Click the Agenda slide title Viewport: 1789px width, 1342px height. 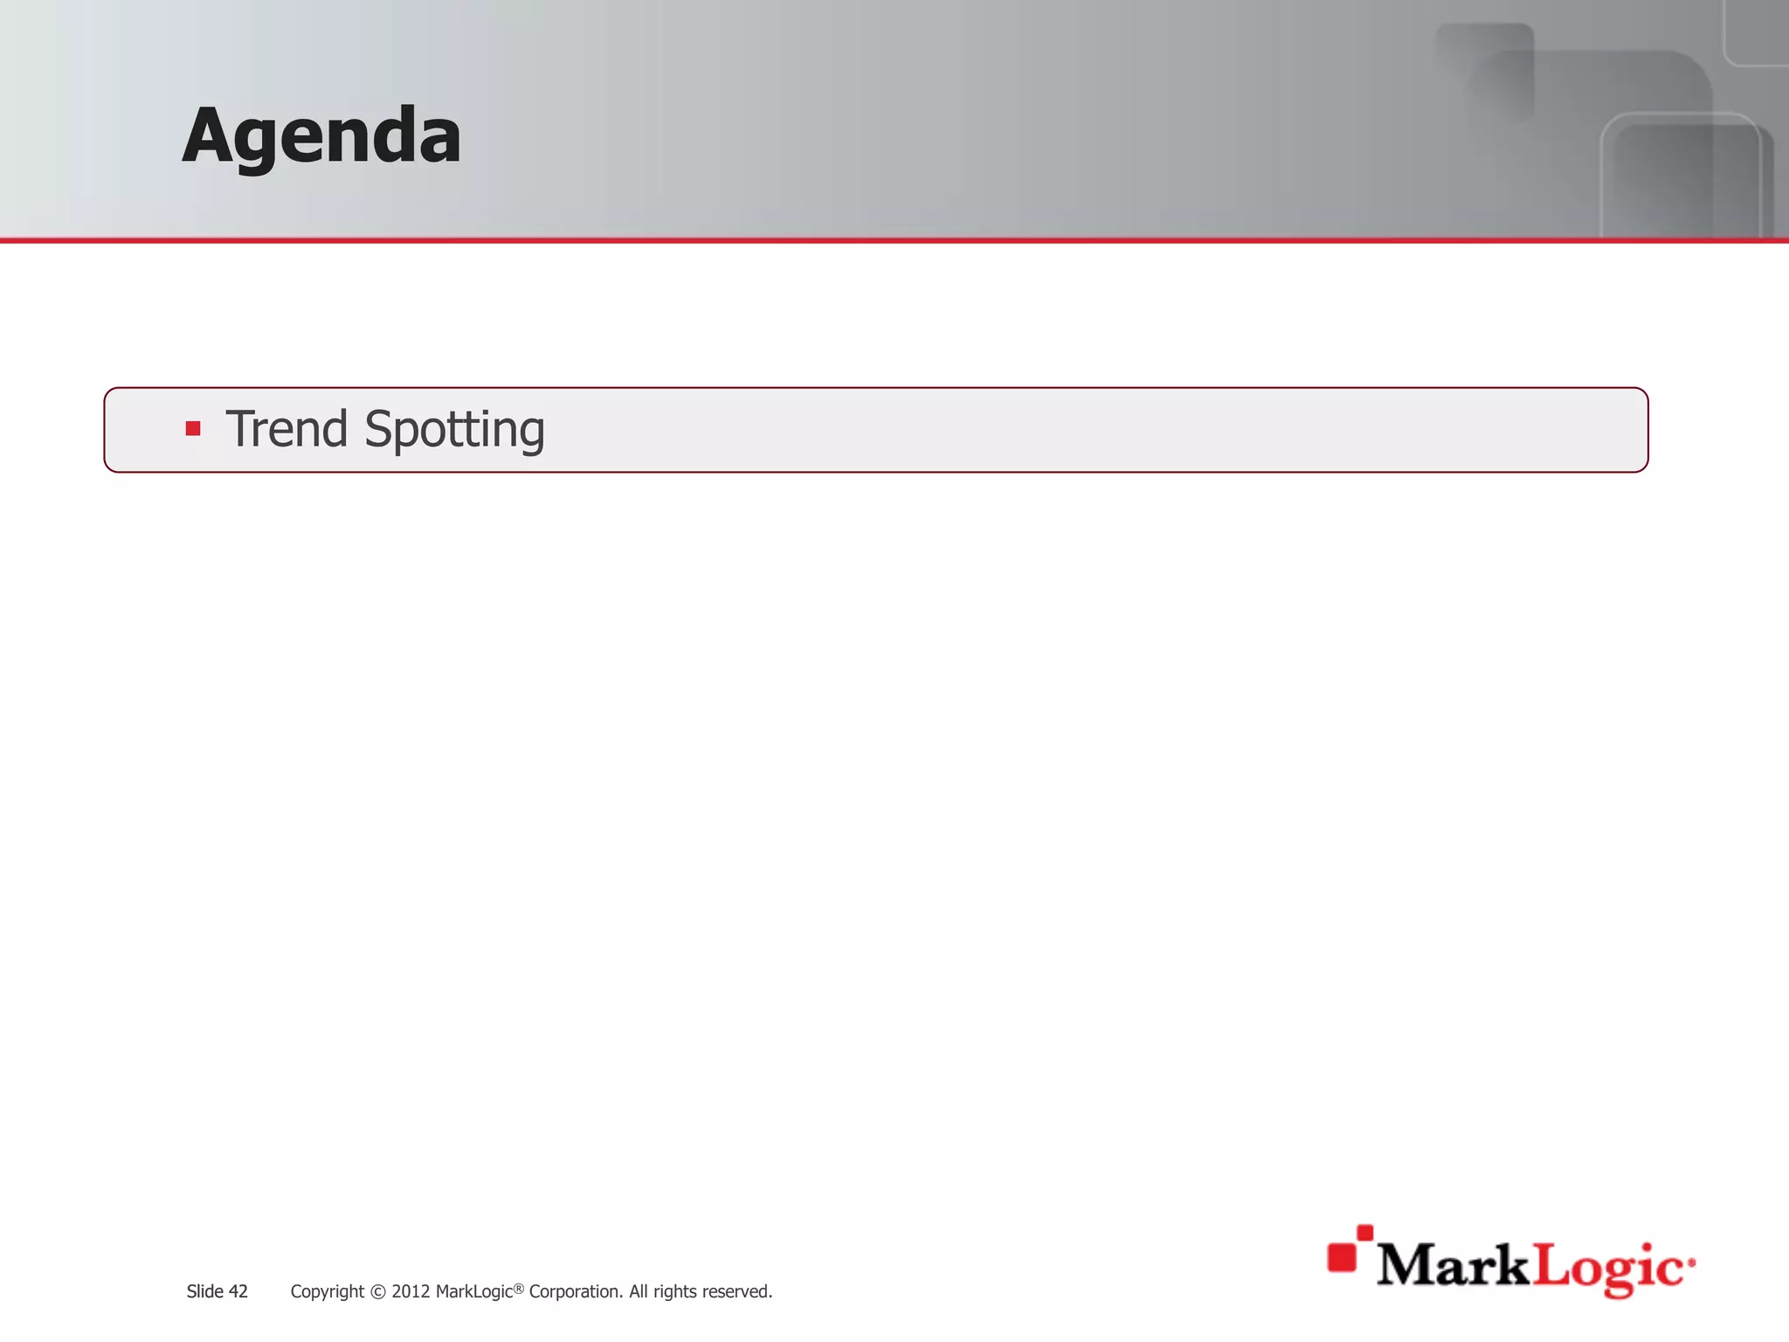coord(321,135)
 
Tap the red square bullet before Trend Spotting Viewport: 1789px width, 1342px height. coord(193,429)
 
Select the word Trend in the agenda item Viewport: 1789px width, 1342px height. coord(287,429)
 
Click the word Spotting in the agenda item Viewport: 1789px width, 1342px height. coord(454,431)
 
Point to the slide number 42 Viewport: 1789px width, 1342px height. coord(238,1291)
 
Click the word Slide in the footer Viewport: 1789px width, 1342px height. coord(204,1291)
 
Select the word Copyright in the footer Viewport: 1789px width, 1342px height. coord(327,1292)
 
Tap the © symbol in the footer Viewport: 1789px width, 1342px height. coord(377,1292)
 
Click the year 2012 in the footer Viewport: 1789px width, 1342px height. coord(411,1291)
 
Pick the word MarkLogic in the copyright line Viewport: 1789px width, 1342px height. coord(473,1291)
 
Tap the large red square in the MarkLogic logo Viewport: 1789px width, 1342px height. coord(1342,1257)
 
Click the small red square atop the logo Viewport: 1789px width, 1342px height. coord(1364,1232)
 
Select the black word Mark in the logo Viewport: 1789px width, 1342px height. coord(1454,1265)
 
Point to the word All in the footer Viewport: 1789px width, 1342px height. coord(639,1291)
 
